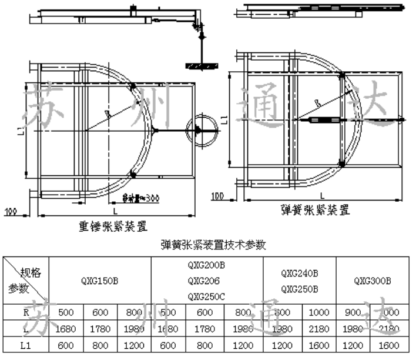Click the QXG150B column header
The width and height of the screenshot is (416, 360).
(100, 281)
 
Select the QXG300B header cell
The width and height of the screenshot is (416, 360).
(372, 281)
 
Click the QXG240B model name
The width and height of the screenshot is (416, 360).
(299, 273)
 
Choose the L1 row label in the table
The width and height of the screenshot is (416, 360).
(26, 345)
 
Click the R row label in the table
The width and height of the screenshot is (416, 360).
(26, 313)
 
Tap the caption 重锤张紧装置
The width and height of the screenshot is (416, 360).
(112, 226)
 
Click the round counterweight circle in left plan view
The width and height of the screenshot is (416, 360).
(198, 129)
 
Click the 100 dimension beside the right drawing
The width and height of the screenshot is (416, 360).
(217, 195)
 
